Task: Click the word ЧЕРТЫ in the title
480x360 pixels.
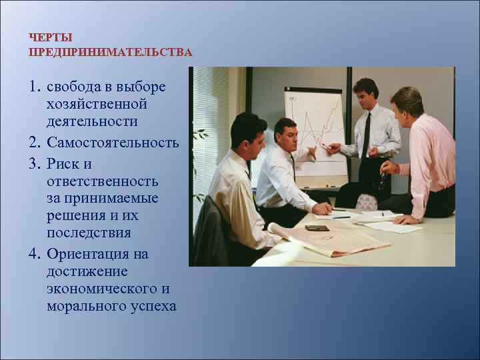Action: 51,39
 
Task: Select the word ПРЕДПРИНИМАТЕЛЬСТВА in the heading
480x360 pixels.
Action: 111,52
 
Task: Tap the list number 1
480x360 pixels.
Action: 34,88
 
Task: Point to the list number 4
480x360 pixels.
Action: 34,255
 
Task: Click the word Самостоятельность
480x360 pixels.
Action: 113,143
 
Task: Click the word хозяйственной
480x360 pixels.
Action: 96,105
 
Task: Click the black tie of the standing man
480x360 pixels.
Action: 366,137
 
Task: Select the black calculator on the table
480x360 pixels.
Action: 317,228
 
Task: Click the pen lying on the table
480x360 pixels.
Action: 341,217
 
